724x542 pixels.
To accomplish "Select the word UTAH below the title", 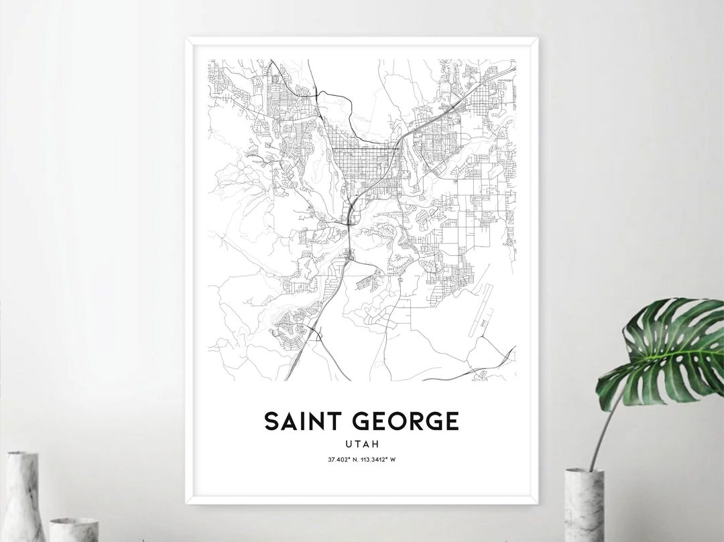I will coord(361,444).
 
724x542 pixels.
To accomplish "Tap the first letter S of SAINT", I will coord(271,421).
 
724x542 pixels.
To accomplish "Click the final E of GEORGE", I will coord(452,421).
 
